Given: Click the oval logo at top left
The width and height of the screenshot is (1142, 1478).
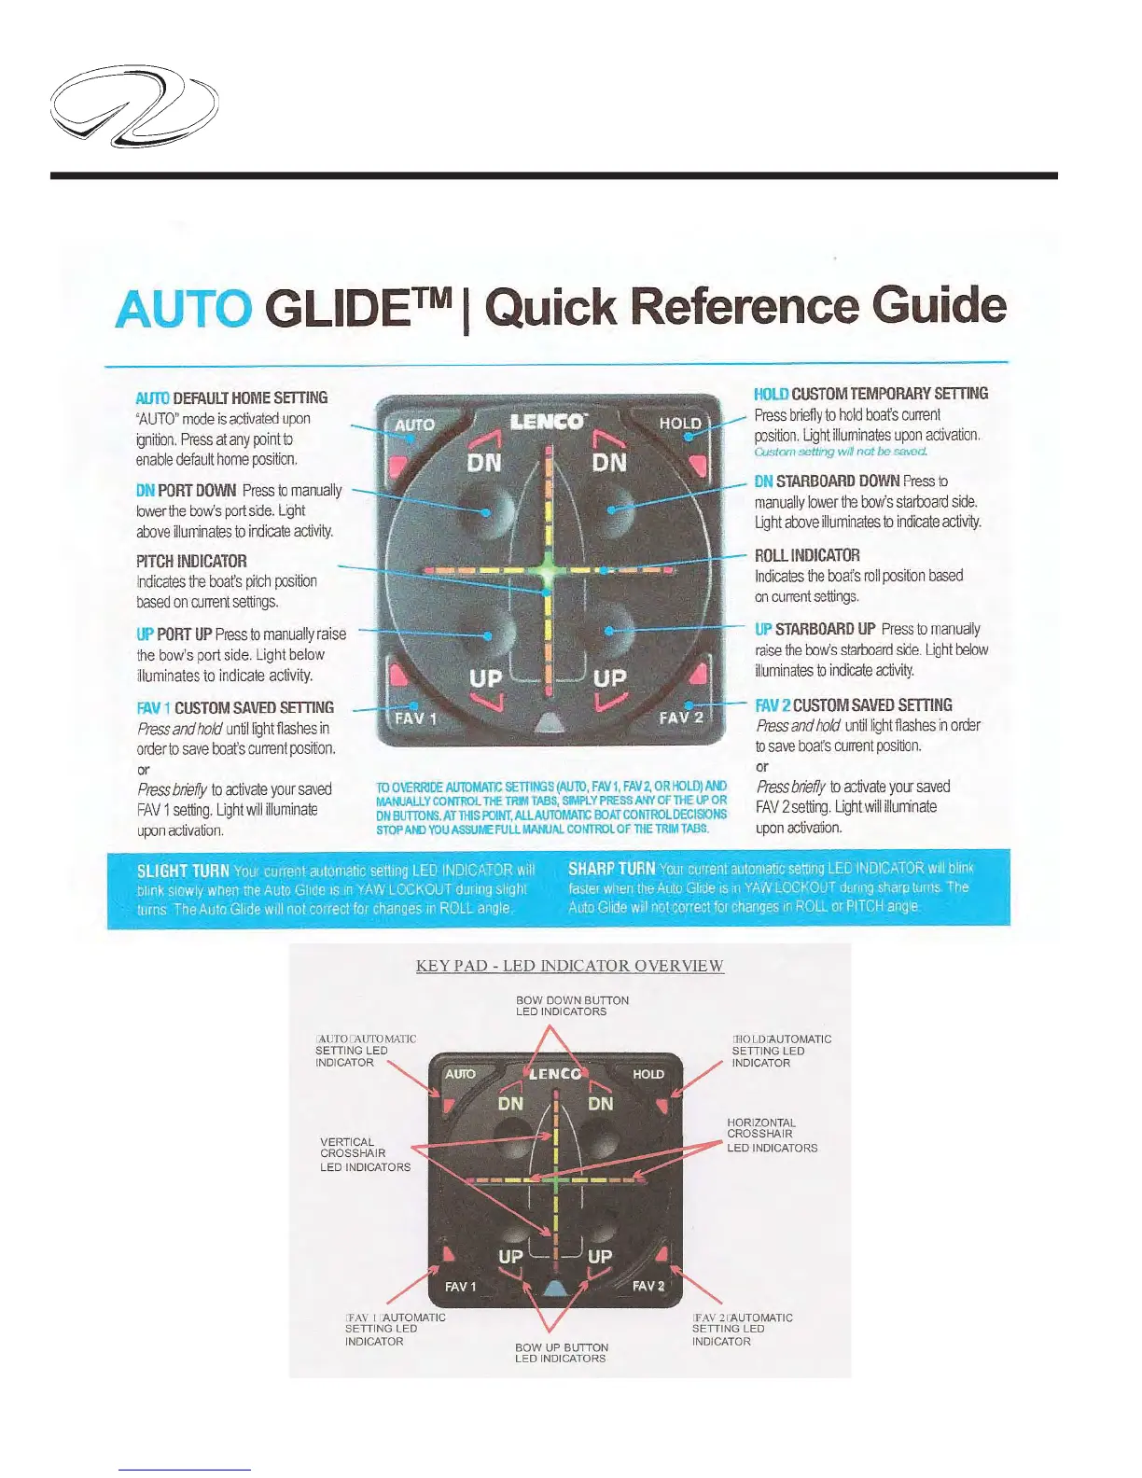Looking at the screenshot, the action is click(x=133, y=105).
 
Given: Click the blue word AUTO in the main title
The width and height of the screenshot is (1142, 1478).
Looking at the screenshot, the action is click(x=183, y=309).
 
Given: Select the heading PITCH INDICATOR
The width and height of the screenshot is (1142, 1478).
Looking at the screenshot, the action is click(x=191, y=561).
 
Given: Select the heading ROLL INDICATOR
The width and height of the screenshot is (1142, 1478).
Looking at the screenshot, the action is click(x=807, y=555).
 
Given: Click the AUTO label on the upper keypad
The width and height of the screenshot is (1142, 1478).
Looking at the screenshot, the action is click(x=414, y=425).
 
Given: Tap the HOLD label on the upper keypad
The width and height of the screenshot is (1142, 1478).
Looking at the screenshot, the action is click(x=680, y=424).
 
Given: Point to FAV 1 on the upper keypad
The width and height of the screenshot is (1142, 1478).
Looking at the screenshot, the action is click(x=415, y=718).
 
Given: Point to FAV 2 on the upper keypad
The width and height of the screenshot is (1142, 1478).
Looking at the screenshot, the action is click(x=681, y=718).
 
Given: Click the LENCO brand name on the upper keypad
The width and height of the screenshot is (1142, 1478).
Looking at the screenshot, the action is click(x=549, y=422).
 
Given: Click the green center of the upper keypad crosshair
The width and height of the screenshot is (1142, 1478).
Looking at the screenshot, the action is click(x=548, y=569).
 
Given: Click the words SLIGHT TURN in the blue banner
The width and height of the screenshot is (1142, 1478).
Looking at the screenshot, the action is click(x=183, y=871).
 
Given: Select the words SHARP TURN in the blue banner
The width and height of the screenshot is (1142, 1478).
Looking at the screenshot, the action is click(x=611, y=869).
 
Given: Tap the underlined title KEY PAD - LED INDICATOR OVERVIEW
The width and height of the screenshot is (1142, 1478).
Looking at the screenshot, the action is click(x=570, y=966).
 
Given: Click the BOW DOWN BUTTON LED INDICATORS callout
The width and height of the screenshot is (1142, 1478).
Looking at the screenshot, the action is click(x=572, y=1006).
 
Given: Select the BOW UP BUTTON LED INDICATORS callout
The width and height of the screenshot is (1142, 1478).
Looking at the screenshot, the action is click(x=562, y=1353).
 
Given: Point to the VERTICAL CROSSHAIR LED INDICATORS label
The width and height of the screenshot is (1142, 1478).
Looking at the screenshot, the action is click(x=365, y=1154).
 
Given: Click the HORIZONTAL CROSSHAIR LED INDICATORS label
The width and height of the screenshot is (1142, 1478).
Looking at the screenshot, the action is click(x=772, y=1136).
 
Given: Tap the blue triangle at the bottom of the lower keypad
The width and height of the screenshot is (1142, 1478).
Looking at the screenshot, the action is click(x=555, y=1289).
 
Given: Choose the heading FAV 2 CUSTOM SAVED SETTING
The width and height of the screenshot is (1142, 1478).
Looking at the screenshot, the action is click(x=854, y=705).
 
